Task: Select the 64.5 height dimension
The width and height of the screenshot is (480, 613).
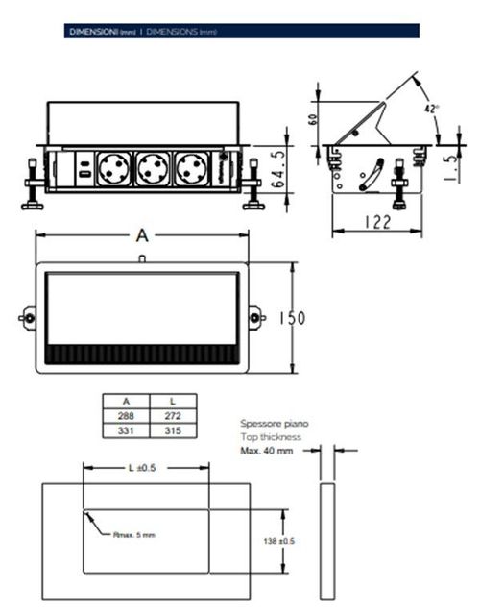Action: pyautogui.click(x=277, y=168)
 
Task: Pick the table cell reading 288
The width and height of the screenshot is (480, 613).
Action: pyautogui.click(x=126, y=416)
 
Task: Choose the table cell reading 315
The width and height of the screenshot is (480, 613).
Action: pyautogui.click(x=172, y=431)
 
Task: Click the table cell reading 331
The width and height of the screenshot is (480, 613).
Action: pyautogui.click(x=126, y=431)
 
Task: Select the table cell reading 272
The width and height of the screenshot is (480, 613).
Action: pyautogui.click(x=172, y=416)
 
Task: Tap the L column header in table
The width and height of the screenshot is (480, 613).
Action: pyautogui.click(x=172, y=401)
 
